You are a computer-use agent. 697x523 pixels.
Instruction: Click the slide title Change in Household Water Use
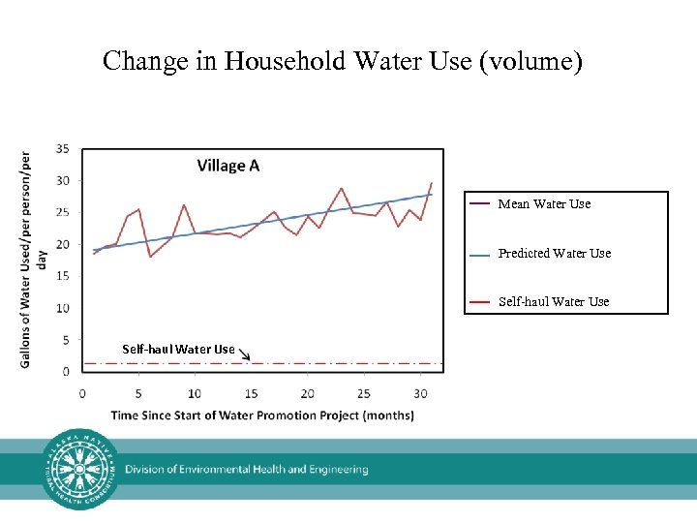pos(343,62)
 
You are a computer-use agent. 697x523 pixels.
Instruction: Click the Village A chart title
pos(228,166)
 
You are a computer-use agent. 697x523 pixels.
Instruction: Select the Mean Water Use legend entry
pos(543,204)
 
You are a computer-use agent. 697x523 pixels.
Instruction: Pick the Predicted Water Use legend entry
pos(554,254)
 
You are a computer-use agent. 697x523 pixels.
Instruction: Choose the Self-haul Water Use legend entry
pos(553,302)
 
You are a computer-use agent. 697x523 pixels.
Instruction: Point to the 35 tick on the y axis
pos(62,148)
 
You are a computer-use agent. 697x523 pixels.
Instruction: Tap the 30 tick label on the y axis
pos(62,180)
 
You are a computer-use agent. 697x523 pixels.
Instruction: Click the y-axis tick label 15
pos(62,276)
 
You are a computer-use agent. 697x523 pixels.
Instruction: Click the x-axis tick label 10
pos(195,393)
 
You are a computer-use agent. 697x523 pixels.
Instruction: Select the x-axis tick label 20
pos(308,393)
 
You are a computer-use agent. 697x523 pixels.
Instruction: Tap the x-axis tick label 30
pos(419,393)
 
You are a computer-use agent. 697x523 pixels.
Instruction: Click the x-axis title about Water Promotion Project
pos(262,415)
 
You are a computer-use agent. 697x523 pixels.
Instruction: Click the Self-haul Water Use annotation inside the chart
pos(178,349)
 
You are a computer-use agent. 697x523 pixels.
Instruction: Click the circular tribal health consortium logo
pos(81,469)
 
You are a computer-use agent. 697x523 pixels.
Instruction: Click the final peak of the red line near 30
pos(431,183)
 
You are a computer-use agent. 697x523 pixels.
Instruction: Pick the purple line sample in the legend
pos(479,204)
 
